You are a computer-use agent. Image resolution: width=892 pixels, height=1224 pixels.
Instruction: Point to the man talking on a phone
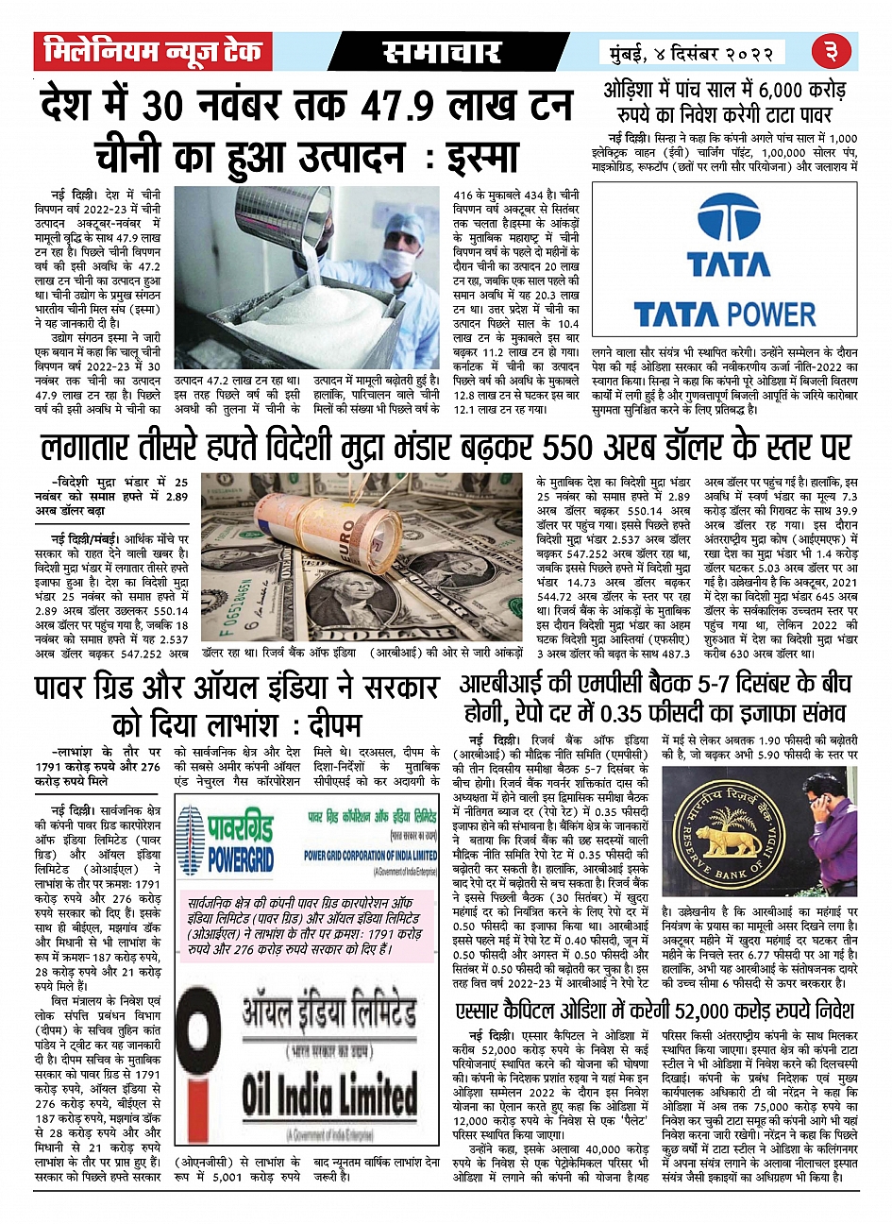[x=832, y=831]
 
